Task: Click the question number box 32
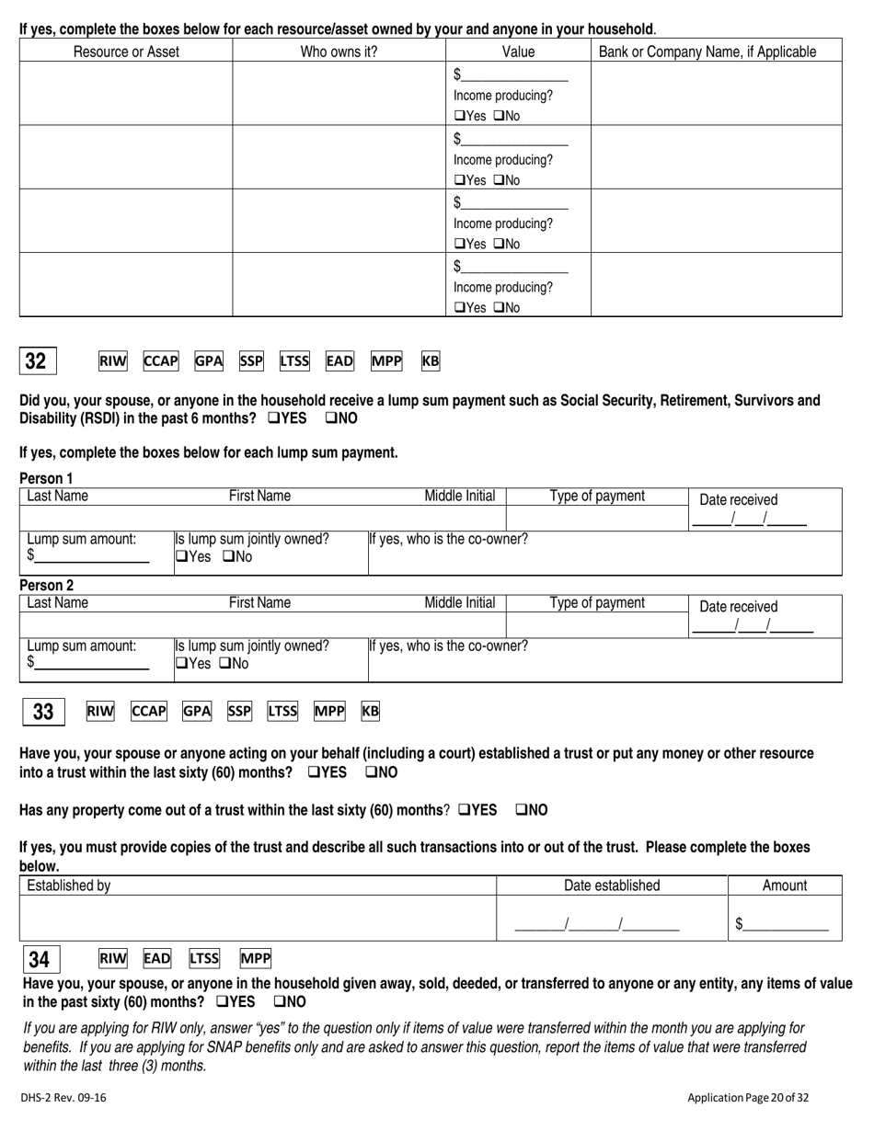pyautogui.click(x=36, y=361)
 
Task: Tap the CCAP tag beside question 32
pyautogui.click(x=160, y=361)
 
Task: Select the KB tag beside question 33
pyautogui.click(x=370, y=711)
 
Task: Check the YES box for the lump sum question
pyautogui.click(x=273, y=418)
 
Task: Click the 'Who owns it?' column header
pyautogui.click(x=339, y=51)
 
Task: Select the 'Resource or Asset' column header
pyautogui.click(x=126, y=51)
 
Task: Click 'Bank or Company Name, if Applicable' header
pyautogui.click(x=707, y=51)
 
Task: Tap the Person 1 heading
pyautogui.click(x=46, y=478)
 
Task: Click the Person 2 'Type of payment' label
pyautogui.click(x=597, y=603)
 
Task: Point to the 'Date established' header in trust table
pyautogui.click(x=612, y=885)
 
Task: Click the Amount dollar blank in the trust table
pyautogui.click(x=785, y=924)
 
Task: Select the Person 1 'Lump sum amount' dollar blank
pyautogui.click(x=91, y=555)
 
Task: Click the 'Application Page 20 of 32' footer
pyautogui.click(x=748, y=1097)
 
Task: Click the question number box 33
pyautogui.click(x=43, y=712)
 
